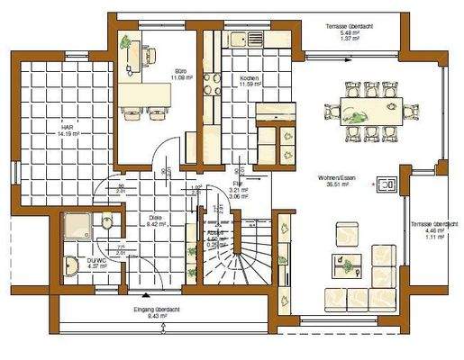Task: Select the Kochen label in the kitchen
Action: click(x=250, y=79)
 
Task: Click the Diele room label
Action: click(x=154, y=218)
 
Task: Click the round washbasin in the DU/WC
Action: click(x=72, y=266)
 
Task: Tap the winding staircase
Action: click(x=241, y=247)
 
